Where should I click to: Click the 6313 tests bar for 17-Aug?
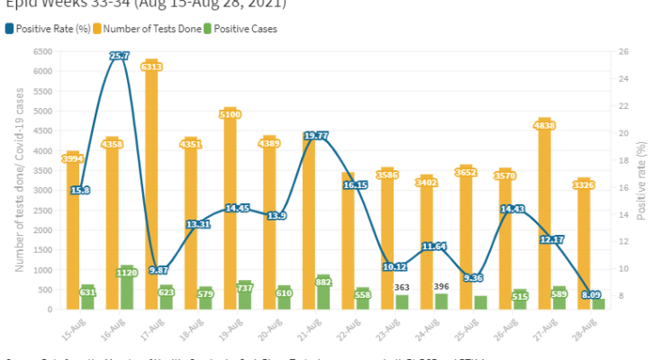coord(150,180)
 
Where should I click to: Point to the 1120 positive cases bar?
coord(126,288)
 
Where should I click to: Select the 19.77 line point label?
coord(315,136)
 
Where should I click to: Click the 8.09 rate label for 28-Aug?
coord(593,293)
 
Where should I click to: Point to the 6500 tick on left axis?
coord(42,51)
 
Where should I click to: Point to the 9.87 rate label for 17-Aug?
coord(159,270)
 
